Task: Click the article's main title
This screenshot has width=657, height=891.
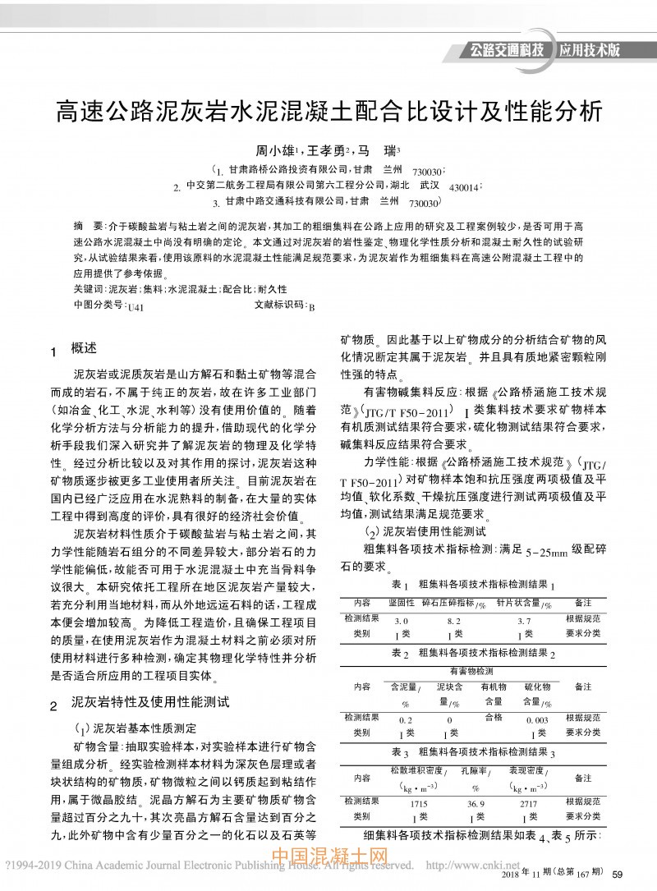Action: point(328,111)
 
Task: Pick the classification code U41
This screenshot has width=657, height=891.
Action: point(136,306)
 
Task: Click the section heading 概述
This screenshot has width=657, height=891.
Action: point(84,348)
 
